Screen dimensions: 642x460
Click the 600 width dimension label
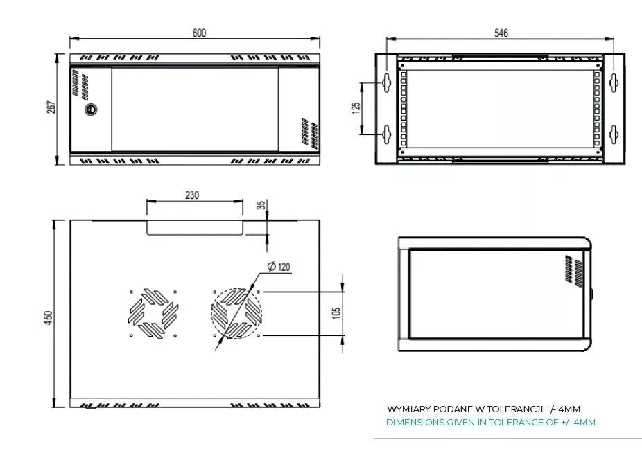[x=199, y=33]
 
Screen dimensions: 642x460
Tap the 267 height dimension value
[x=51, y=107]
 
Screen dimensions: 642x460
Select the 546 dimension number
[x=501, y=33]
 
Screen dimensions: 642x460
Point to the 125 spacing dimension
[x=356, y=107]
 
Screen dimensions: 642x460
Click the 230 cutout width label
[x=192, y=195]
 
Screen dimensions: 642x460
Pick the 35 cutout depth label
[x=261, y=204]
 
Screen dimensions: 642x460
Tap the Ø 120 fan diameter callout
[x=279, y=267]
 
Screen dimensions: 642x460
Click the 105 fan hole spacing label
[x=336, y=314]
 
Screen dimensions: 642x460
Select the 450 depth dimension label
[x=49, y=317]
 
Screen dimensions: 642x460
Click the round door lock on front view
[x=91, y=109]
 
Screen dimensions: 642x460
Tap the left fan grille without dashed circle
[x=153, y=314]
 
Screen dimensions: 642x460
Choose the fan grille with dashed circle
[x=236, y=314]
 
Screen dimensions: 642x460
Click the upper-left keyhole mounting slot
[x=386, y=82]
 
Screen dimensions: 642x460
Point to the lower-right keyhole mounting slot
[x=614, y=134]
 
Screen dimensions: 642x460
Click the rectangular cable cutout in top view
[x=195, y=228]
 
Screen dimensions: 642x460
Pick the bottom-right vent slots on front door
[x=309, y=134]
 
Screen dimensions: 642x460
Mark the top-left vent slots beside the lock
[x=80, y=85]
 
